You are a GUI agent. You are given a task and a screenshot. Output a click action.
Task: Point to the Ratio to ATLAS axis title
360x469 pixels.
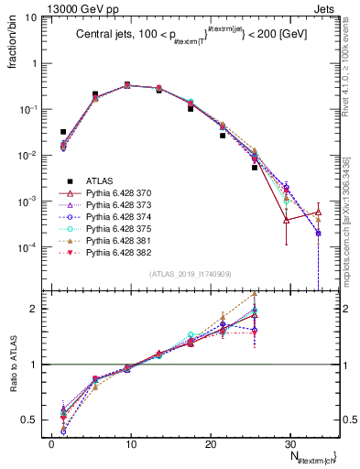coord(13,366)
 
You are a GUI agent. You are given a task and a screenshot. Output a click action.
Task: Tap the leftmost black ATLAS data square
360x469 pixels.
coord(63,132)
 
